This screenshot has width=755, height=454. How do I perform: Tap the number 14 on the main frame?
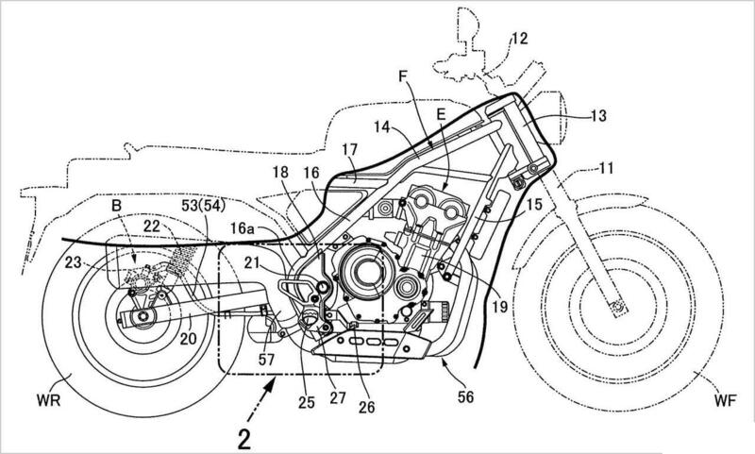(381, 125)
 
